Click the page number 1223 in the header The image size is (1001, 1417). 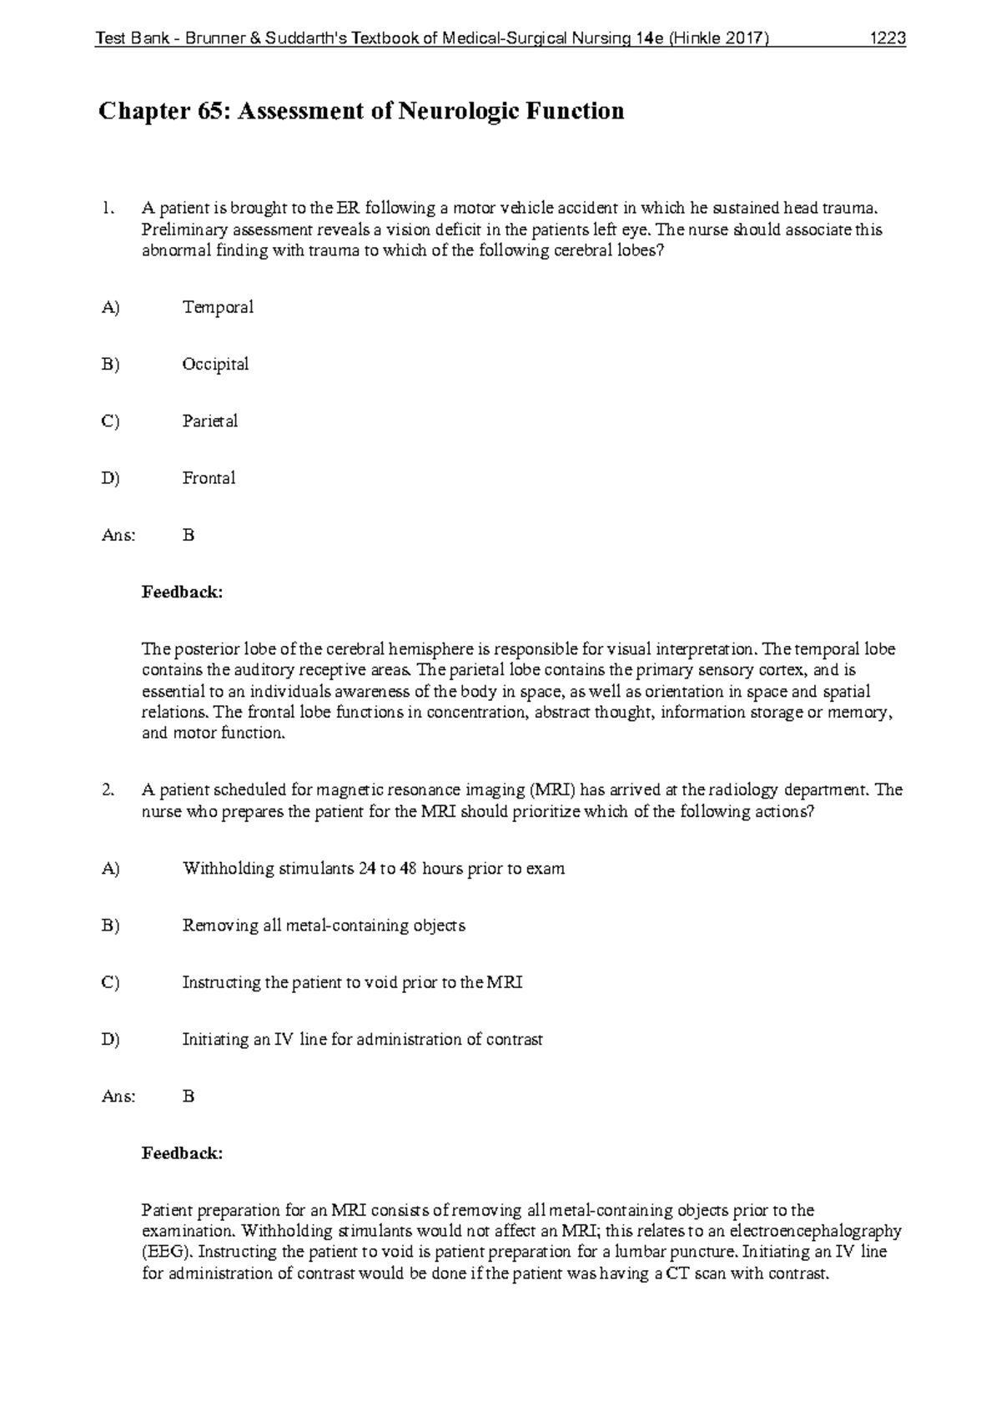coord(888,38)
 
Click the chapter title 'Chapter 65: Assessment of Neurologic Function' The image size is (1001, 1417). coord(361,111)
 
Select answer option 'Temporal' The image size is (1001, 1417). coord(218,307)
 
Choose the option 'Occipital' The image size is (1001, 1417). coord(215,364)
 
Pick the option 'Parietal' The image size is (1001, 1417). coord(210,421)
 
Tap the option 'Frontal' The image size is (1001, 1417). coord(209,478)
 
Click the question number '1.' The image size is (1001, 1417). coord(106,208)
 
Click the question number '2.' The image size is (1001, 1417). coord(107,789)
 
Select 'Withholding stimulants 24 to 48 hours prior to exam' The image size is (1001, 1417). coord(373,868)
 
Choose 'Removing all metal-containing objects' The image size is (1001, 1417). coord(324,925)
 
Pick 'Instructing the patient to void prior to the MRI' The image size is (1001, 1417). coord(352,982)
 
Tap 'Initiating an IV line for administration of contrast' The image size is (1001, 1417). coord(362,1039)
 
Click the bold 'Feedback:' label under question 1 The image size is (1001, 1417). coord(182,593)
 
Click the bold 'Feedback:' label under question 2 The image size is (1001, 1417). coord(182,1153)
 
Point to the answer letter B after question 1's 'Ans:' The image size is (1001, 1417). coord(189,535)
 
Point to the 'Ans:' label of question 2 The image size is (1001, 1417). coord(118,1097)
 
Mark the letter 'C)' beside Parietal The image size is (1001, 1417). coord(110,421)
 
